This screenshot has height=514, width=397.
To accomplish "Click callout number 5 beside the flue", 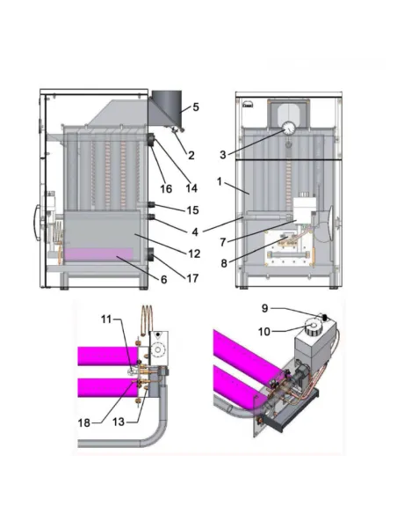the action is [196, 107].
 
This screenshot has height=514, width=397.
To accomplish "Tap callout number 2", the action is [191, 155].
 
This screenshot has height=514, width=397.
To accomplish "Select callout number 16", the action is [166, 189].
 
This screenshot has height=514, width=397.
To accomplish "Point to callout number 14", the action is [191, 188].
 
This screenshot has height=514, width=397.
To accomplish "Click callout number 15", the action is [192, 210].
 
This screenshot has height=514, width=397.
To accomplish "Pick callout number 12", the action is [194, 253].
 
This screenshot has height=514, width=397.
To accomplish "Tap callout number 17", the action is [192, 278].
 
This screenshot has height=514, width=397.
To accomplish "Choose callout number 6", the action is [163, 280].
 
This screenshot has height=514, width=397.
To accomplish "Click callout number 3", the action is [223, 155].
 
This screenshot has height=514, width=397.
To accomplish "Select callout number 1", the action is [220, 181].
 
